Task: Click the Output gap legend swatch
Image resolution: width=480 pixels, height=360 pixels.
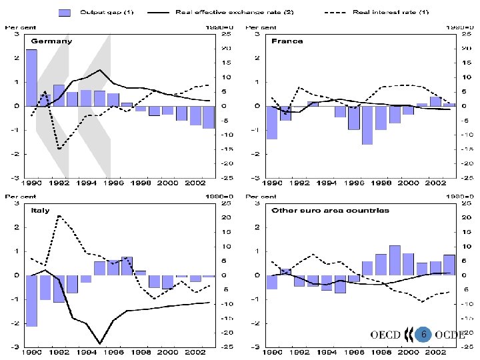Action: [64, 13]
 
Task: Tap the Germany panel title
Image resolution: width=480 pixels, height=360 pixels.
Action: [50, 41]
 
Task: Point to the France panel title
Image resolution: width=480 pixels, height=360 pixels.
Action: [287, 41]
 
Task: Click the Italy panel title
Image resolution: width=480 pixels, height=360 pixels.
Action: [40, 210]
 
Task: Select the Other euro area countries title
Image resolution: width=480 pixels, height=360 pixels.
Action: [330, 210]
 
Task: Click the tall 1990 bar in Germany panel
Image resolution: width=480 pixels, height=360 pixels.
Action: [31, 77]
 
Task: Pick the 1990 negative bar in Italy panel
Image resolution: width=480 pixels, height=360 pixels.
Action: [31, 301]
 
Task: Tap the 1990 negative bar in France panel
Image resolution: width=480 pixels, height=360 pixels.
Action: [271, 123]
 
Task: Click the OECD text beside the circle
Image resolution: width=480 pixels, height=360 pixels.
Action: [385, 335]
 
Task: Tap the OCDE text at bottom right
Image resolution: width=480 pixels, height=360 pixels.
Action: [450, 335]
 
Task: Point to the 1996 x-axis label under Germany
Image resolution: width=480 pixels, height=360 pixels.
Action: [113, 183]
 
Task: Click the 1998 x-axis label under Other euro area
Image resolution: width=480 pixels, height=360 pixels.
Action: [381, 351]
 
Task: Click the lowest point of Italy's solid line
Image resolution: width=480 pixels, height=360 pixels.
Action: [100, 343]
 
